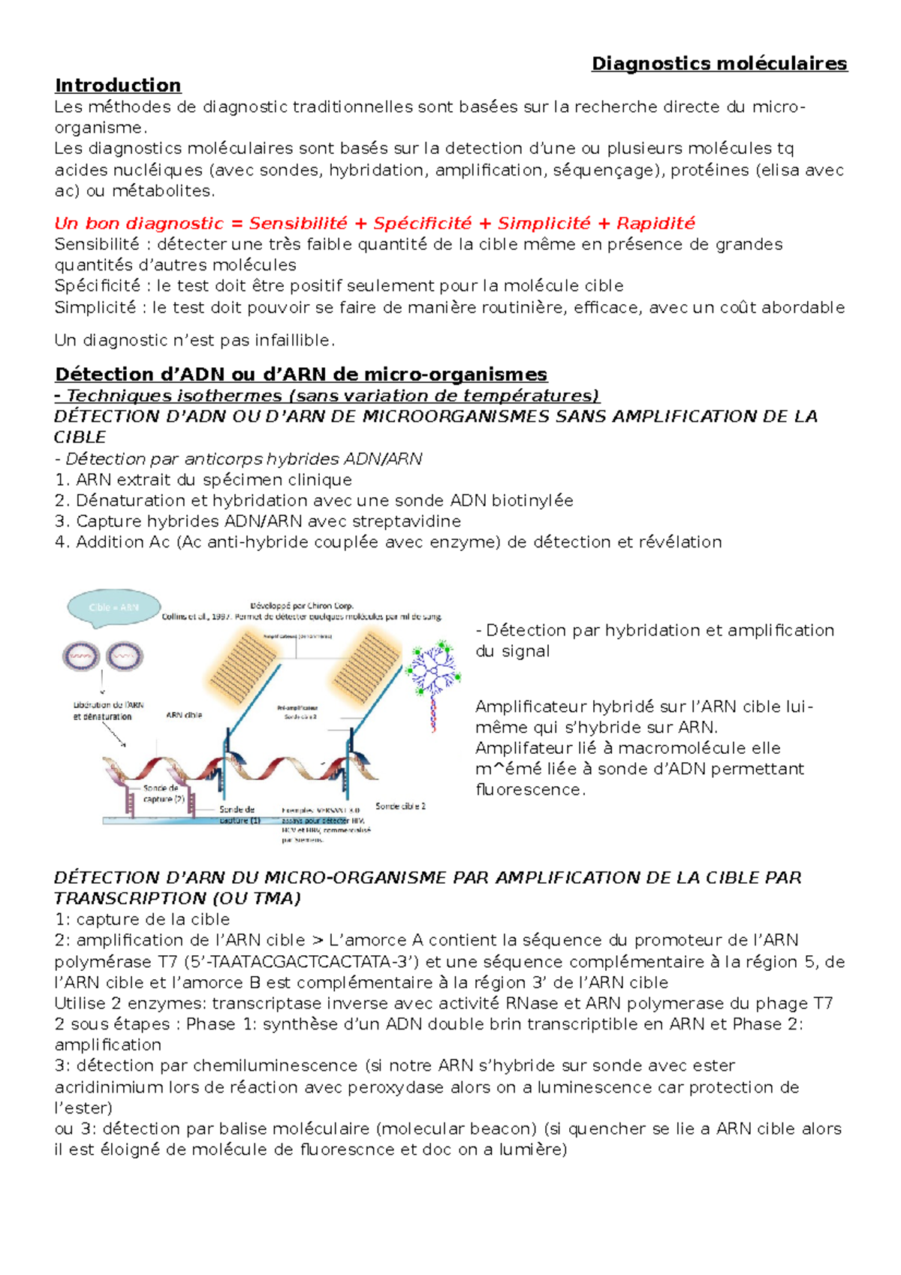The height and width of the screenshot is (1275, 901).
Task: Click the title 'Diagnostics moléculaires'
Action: (x=719, y=64)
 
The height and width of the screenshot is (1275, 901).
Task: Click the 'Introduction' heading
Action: (x=118, y=86)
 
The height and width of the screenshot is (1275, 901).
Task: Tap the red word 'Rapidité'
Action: (x=655, y=224)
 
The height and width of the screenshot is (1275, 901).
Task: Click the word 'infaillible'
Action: (x=293, y=341)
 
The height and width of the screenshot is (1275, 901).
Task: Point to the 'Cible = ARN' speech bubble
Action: (x=113, y=607)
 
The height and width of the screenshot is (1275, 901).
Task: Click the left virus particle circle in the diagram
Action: (x=80, y=656)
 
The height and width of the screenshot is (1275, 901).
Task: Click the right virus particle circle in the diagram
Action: (x=124, y=656)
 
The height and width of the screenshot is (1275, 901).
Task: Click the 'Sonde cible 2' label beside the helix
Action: (x=400, y=806)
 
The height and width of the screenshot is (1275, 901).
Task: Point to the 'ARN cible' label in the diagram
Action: (x=183, y=716)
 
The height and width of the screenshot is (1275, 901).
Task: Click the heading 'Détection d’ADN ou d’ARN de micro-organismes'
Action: (x=301, y=375)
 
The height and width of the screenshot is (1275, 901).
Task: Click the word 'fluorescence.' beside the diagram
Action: (x=530, y=790)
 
